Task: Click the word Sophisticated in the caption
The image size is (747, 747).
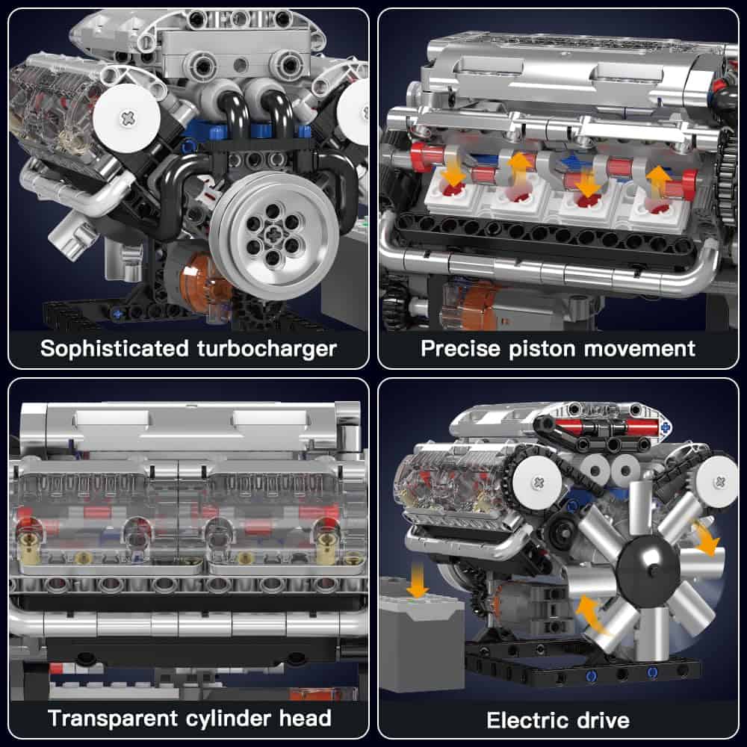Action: pos(115,349)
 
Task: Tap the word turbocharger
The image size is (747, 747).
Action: pos(267,349)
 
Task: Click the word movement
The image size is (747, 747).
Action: pos(639,349)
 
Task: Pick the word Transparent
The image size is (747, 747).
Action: pos(113,719)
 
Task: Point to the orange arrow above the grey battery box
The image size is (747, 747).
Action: pos(418,580)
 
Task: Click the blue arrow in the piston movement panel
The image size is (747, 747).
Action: pos(574,162)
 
